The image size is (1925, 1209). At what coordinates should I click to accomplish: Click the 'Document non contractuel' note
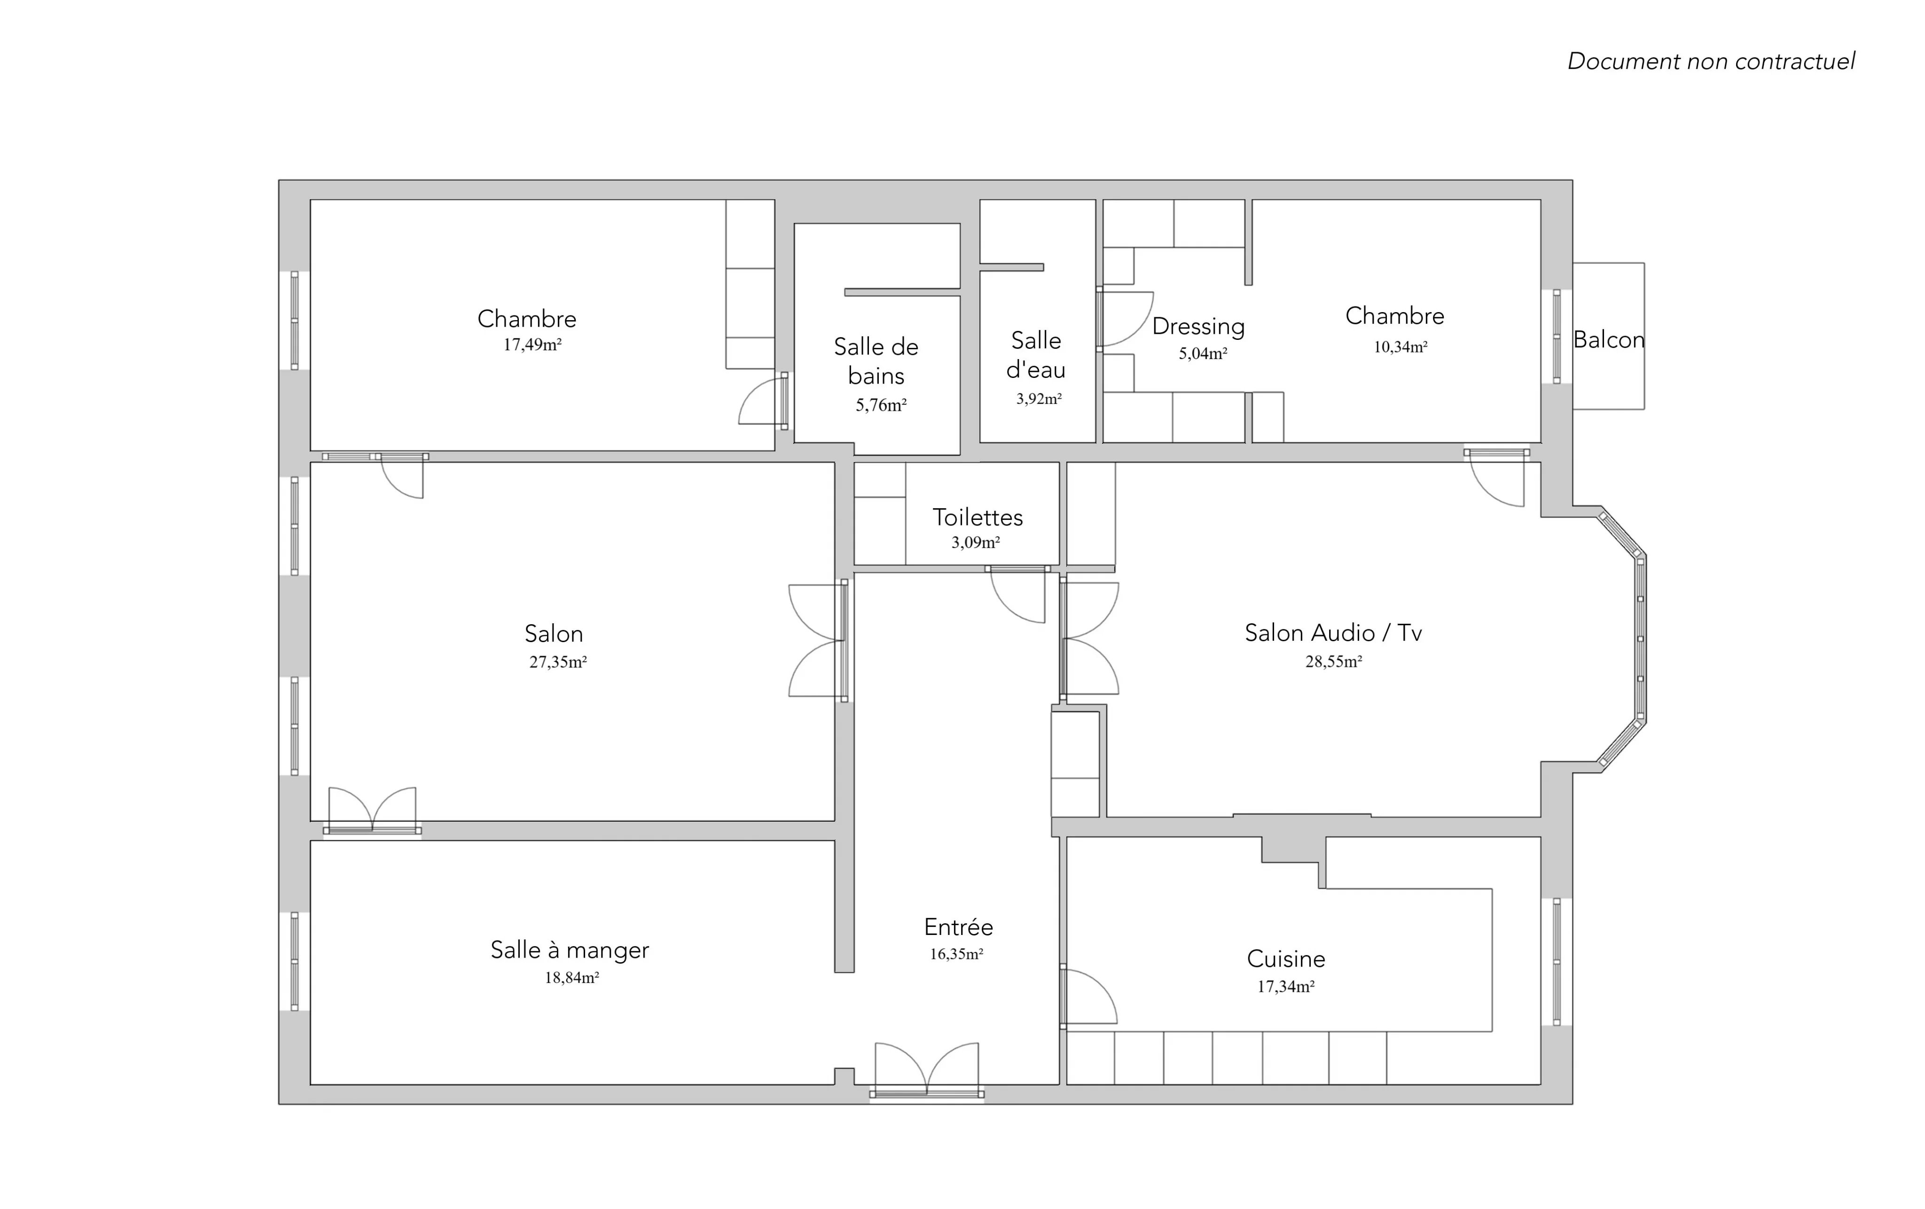[1711, 62]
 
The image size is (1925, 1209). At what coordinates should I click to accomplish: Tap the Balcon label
[1608, 340]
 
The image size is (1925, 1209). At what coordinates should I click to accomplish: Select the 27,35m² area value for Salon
[558, 662]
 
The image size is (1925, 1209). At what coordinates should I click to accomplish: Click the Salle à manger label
[570, 950]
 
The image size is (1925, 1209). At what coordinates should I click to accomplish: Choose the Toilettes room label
[978, 518]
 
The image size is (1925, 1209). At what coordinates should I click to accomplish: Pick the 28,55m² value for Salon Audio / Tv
[1333, 661]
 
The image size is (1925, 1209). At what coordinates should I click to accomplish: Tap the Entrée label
[958, 927]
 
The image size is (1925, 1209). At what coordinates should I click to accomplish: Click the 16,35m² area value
[956, 954]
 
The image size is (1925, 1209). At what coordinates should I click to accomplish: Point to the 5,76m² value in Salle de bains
[881, 405]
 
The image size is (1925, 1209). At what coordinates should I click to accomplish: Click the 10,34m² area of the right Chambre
[1401, 347]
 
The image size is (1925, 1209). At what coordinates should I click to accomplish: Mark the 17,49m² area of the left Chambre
[532, 345]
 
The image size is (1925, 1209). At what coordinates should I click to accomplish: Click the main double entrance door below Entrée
[926, 1070]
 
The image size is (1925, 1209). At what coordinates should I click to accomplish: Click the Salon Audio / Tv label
[1333, 633]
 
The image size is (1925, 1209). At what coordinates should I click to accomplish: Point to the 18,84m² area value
[572, 978]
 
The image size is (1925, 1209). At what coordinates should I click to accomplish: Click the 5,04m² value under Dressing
[1203, 353]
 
